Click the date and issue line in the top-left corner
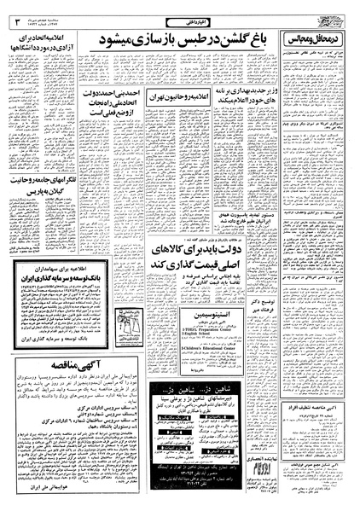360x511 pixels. (x=38, y=15)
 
